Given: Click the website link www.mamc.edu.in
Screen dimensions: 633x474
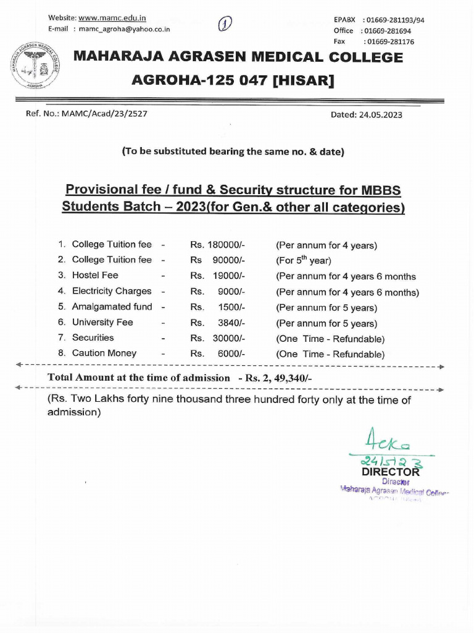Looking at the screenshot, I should click(x=112, y=18).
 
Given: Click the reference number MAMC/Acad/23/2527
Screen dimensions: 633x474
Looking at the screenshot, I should click(x=102, y=114).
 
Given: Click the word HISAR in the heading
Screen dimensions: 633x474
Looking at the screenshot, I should click(x=302, y=80).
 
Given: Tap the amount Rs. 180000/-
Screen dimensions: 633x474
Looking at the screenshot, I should click(x=218, y=245).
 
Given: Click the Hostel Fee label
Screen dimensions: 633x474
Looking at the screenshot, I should click(x=95, y=276).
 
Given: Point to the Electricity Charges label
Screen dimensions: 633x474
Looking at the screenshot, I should click(x=111, y=291).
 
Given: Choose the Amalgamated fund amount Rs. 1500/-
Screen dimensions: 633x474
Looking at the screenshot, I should click(x=218, y=307).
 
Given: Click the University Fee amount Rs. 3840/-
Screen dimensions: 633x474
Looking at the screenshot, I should click(x=218, y=323).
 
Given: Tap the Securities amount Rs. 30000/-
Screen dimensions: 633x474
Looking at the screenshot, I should click(x=218, y=338).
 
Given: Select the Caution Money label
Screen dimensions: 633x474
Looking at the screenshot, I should click(x=104, y=354).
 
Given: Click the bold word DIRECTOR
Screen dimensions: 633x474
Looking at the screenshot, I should click(x=391, y=472).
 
